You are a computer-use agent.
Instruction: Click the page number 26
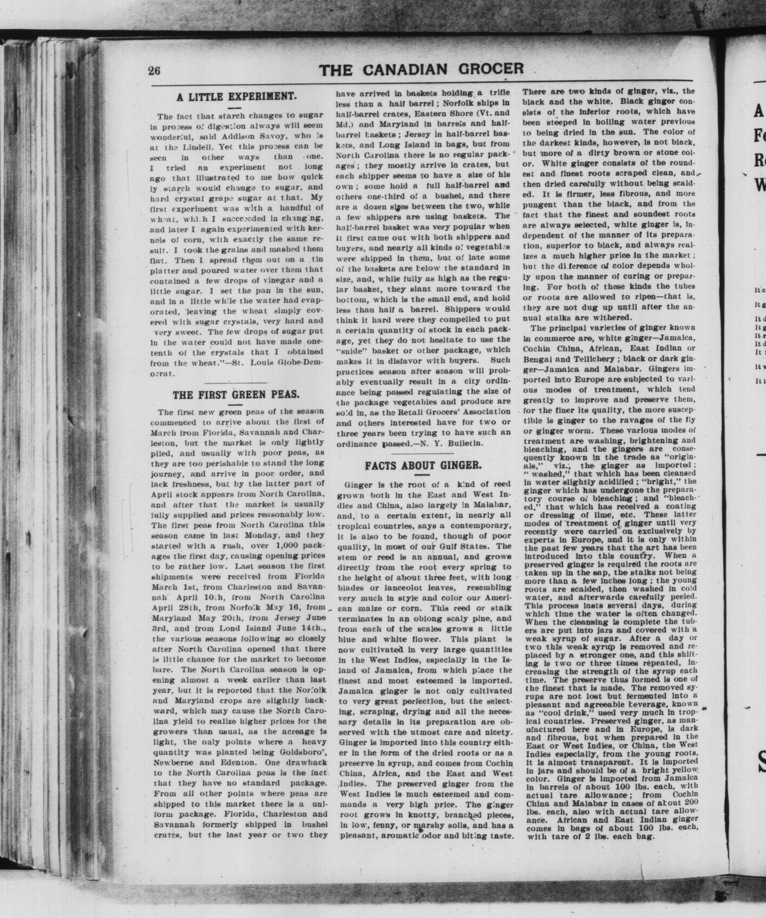coord(154,70)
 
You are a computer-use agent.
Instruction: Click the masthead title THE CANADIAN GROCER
coord(421,69)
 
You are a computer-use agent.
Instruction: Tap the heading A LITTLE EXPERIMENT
coord(236,96)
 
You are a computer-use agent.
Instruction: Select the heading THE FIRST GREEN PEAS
coord(236,395)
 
